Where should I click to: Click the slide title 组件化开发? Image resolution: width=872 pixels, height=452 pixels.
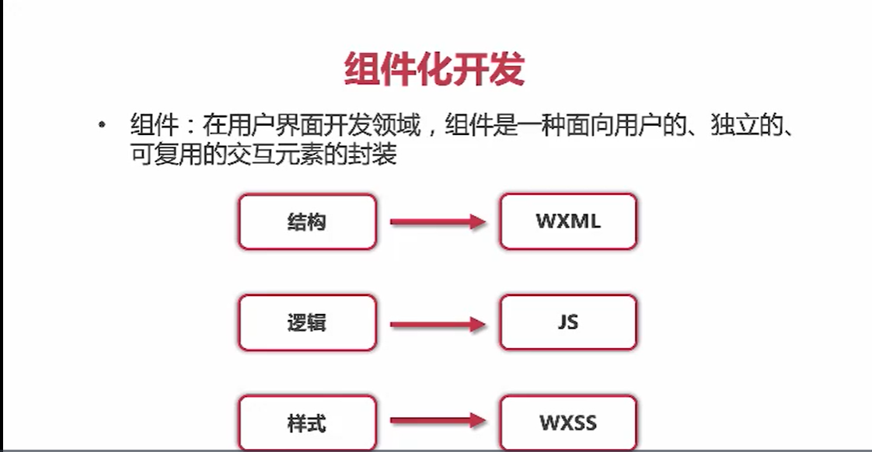pyautogui.click(x=434, y=70)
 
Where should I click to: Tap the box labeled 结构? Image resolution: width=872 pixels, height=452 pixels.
pyautogui.click(x=307, y=221)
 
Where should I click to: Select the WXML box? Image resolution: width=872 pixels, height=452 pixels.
pyautogui.click(x=568, y=221)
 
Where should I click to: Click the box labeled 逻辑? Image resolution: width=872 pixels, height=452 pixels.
pyautogui.click(x=307, y=322)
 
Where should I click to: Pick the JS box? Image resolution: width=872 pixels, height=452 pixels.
pyautogui.click(x=568, y=322)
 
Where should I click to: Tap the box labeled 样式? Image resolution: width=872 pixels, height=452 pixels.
pyautogui.click(x=307, y=422)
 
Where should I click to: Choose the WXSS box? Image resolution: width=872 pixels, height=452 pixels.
pyautogui.click(x=568, y=422)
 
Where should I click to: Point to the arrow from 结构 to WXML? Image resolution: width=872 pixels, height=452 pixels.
pyautogui.click(x=438, y=222)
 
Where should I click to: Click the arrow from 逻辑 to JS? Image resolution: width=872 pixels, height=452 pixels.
pyautogui.click(x=438, y=323)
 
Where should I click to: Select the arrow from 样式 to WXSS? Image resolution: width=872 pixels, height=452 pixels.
pyautogui.click(x=438, y=422)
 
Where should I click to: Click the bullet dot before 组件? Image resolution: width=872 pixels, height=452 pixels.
pyautogui.click(x=102, y=126)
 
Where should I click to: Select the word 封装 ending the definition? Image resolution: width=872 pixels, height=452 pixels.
pyautogui.click(x=378, y=155)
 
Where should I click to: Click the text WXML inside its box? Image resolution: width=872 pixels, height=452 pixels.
pyautogui.click(x=568, y=221)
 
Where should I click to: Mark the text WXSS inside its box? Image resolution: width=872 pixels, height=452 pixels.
pyautogui.click(x=568, y=423)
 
